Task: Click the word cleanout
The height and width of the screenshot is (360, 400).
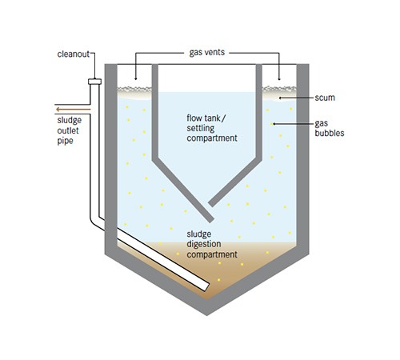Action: click(74, 54)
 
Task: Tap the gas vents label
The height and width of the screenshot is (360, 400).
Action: click(207, 52)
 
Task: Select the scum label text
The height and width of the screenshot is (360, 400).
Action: click(325, 98)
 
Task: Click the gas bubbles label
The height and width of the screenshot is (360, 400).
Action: click(330, 128)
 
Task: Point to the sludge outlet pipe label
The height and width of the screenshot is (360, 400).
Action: click(69, 130)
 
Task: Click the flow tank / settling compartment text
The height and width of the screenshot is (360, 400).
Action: click(212, 128)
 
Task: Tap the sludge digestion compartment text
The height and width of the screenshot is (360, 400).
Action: click(212, 244)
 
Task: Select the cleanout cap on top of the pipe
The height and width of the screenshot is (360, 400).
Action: click(94, 82)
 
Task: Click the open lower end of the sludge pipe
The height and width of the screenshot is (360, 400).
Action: click(206, 287)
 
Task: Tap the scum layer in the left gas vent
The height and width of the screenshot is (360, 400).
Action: click(134, 92)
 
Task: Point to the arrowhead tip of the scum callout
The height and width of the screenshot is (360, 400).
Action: click(279, 98)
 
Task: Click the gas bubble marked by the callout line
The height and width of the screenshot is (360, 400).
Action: click(272, 124)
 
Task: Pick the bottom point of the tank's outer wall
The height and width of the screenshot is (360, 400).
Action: click(206, 315)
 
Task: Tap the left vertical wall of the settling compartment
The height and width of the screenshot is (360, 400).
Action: click(155, 112)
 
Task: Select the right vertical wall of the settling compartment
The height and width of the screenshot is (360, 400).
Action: click(259, 112)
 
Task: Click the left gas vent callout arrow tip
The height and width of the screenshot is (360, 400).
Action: click(135, 79)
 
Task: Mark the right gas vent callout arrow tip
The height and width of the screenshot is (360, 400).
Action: click(279, 79)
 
